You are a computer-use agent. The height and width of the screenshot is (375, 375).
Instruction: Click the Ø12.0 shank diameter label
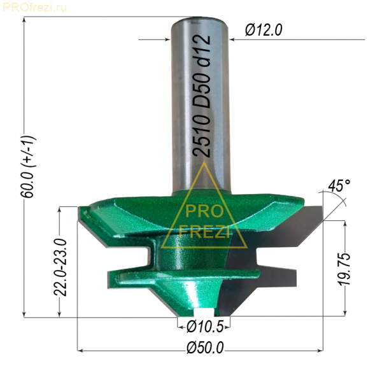[264, 30]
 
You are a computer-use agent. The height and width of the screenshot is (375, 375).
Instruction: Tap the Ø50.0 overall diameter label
[205, 348]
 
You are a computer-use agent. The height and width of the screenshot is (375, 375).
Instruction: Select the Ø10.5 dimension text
[205, 327]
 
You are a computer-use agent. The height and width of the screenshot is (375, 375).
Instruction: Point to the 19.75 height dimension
[344, 269]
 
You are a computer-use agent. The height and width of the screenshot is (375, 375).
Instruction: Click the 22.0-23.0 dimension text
[60, 267]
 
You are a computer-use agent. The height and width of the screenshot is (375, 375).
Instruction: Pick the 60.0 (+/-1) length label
[28, 167]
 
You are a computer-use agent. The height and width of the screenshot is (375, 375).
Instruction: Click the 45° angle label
[339, 185]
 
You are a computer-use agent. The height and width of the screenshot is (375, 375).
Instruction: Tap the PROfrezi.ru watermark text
[35, 8]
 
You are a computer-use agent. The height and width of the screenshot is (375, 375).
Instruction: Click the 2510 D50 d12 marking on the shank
[202, 96]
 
